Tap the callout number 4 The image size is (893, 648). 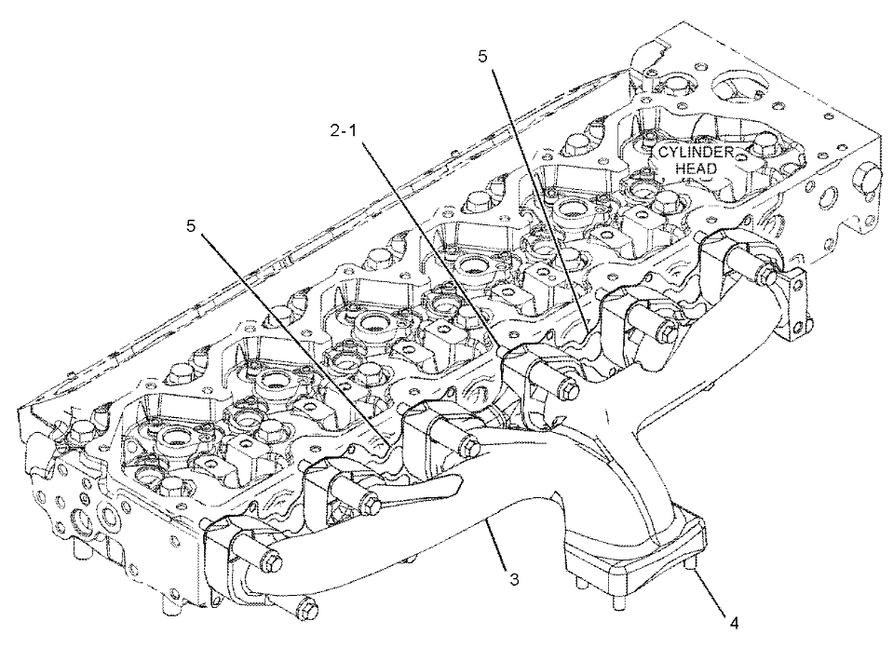point(735,622)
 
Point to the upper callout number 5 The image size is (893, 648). point(482,57)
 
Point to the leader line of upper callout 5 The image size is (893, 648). point(534,195)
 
